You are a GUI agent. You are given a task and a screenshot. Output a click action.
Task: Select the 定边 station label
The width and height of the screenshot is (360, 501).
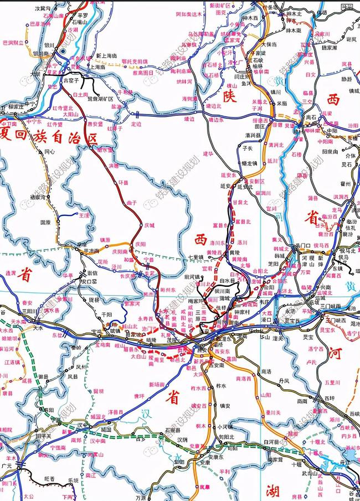point(136,124)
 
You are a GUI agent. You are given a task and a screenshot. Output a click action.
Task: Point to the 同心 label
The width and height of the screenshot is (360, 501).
point(50,151)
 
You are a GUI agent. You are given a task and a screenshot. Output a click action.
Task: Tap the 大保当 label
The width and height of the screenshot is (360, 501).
point(270,44)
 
